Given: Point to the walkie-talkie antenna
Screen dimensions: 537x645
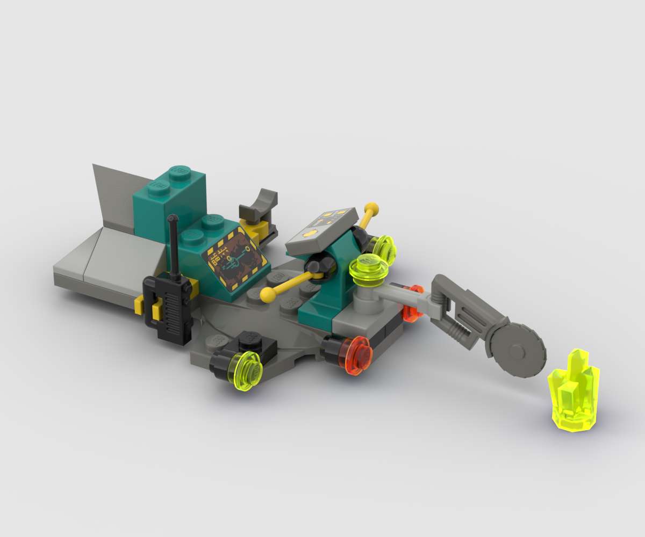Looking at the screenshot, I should tap(173, 242).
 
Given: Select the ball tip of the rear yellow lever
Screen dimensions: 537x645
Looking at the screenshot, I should tap(371, 207).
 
